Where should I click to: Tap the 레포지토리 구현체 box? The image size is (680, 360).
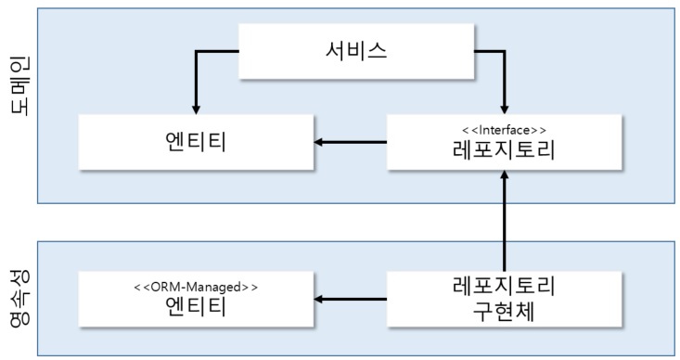click(x=505, y=299)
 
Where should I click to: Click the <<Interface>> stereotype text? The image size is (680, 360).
click(x=505, y=129)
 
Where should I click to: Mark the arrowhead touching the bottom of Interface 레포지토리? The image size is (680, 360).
click(x=504, y=177)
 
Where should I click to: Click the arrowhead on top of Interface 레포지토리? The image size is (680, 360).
click(x=504, y=108)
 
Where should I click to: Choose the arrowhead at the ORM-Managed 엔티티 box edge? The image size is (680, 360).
click(x=318, y=299)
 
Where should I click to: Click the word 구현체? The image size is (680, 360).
click(x=505, y=312)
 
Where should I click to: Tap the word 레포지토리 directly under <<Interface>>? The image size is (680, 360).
click(x=505, y=149)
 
